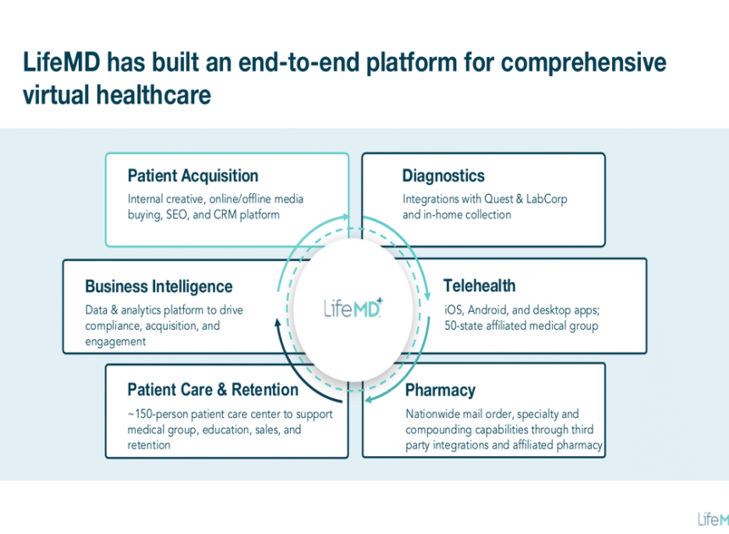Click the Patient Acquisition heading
pos(192,176)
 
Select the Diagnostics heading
pos(443,176)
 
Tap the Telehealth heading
pos(479,286)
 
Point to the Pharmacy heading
pos(440,391)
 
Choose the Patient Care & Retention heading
pos(213,390)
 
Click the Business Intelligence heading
pos(159,286)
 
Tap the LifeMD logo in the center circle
pos(353,307)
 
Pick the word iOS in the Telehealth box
pos(454,309)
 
